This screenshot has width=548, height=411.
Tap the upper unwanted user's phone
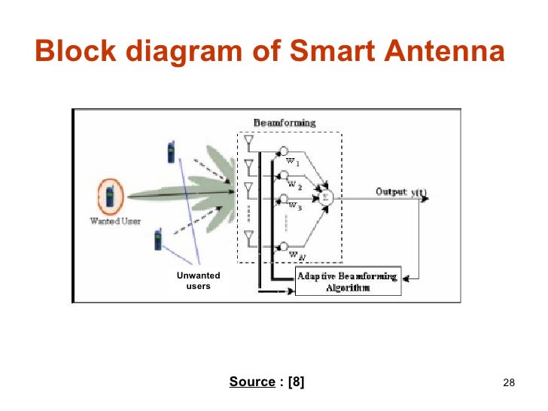tap(171, 152)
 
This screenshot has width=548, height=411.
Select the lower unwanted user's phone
tap(158, 239)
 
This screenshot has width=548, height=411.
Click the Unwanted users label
tap(199, 281)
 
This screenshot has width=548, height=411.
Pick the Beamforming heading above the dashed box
tap(285, 123)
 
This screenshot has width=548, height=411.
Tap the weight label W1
tap(294, 161)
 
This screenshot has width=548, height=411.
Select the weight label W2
tap(294, 186)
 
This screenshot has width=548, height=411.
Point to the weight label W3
tap(294, 207)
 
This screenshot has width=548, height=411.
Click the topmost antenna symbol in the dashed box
tap(250, 141)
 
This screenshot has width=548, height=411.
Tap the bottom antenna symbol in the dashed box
tap(249, 236)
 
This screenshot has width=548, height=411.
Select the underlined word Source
tap(251, 382)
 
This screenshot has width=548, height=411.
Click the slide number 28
tap(507, 383)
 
